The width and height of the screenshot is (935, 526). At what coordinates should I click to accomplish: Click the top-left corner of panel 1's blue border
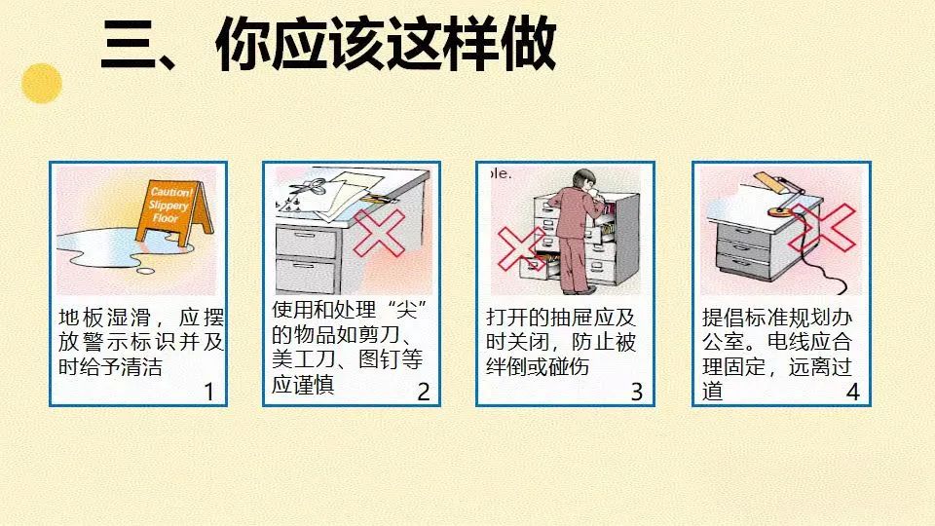[50, 162]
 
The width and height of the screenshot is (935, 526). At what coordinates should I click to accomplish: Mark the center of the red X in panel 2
[379, 232]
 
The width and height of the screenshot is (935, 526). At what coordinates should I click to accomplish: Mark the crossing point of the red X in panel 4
[824, 227]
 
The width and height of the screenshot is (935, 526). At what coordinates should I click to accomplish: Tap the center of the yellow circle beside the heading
[42, 84]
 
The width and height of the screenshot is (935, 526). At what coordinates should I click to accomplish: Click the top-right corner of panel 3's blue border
[654, 162]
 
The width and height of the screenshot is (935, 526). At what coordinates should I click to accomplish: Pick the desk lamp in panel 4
[776, 193]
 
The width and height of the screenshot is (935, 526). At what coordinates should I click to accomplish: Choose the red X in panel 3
[520, 248]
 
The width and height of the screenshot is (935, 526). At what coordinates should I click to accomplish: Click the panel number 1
[208, 392]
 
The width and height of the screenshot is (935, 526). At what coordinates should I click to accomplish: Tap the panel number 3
[637, 392]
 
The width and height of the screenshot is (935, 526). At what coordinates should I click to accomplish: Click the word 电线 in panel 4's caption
[788, 342]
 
